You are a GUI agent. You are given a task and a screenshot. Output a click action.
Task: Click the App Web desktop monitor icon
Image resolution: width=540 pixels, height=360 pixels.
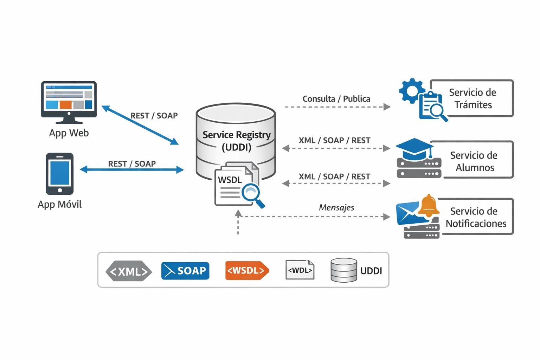click(x=69, y=100)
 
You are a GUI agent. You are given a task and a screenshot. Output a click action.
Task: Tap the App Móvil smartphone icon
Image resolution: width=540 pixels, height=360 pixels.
click(x=60, y=174)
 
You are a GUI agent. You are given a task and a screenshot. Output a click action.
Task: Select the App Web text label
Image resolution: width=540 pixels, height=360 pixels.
click(x=69, y=133)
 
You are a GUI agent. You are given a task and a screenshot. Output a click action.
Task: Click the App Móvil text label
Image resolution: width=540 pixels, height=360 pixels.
click(x=60, y=205)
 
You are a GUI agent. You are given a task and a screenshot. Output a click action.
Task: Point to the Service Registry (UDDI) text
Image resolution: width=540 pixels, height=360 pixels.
click(x=236, y=141)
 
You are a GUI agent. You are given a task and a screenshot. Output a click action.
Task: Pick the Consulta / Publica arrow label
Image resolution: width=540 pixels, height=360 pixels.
click(x=336, y=99)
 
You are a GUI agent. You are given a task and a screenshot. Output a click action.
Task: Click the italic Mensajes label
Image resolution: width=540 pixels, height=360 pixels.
click(x=336, y=208)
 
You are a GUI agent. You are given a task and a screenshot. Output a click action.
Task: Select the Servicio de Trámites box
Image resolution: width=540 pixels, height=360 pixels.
click(x=472, y=98)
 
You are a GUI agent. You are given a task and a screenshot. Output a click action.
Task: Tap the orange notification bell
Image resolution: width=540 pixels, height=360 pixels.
click(x=429, y=206)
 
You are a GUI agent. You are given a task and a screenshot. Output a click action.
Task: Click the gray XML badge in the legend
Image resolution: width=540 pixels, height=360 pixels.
click(x=129, y=271)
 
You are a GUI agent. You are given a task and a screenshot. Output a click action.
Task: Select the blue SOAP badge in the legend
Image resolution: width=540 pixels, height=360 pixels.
click(x=185, y=271)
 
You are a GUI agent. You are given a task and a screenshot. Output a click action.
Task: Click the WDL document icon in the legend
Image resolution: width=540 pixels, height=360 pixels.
click(x=300, y=270)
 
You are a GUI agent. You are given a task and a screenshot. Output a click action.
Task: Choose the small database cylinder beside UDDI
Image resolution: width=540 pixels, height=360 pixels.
click(x=344, y=270)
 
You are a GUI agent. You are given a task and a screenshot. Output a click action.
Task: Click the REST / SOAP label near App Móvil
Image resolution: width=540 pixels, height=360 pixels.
click(x=132, y=164)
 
